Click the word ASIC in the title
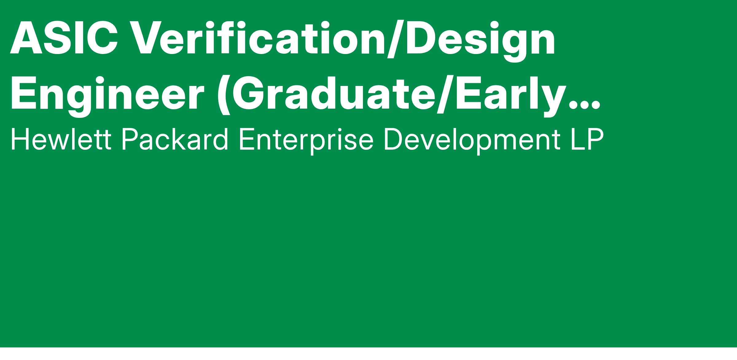click(64, 38)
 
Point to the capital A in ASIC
click(26, 38)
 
